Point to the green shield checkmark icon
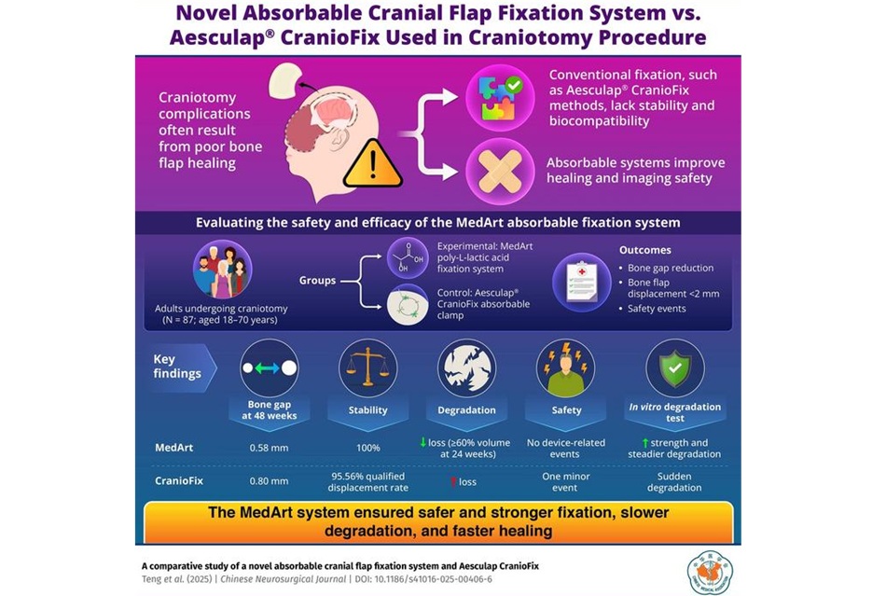tap(674, 367)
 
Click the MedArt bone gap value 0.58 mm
tap(269, 448)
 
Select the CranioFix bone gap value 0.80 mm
tap(269, 482)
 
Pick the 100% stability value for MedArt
tap(368, 448)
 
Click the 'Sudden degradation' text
tap(674, 482)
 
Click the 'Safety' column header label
tap(566, 409)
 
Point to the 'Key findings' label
tap(178, 367)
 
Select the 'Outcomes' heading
tap(646, 251)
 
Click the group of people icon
tap(223, 271)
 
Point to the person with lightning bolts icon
tap(566, 367)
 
